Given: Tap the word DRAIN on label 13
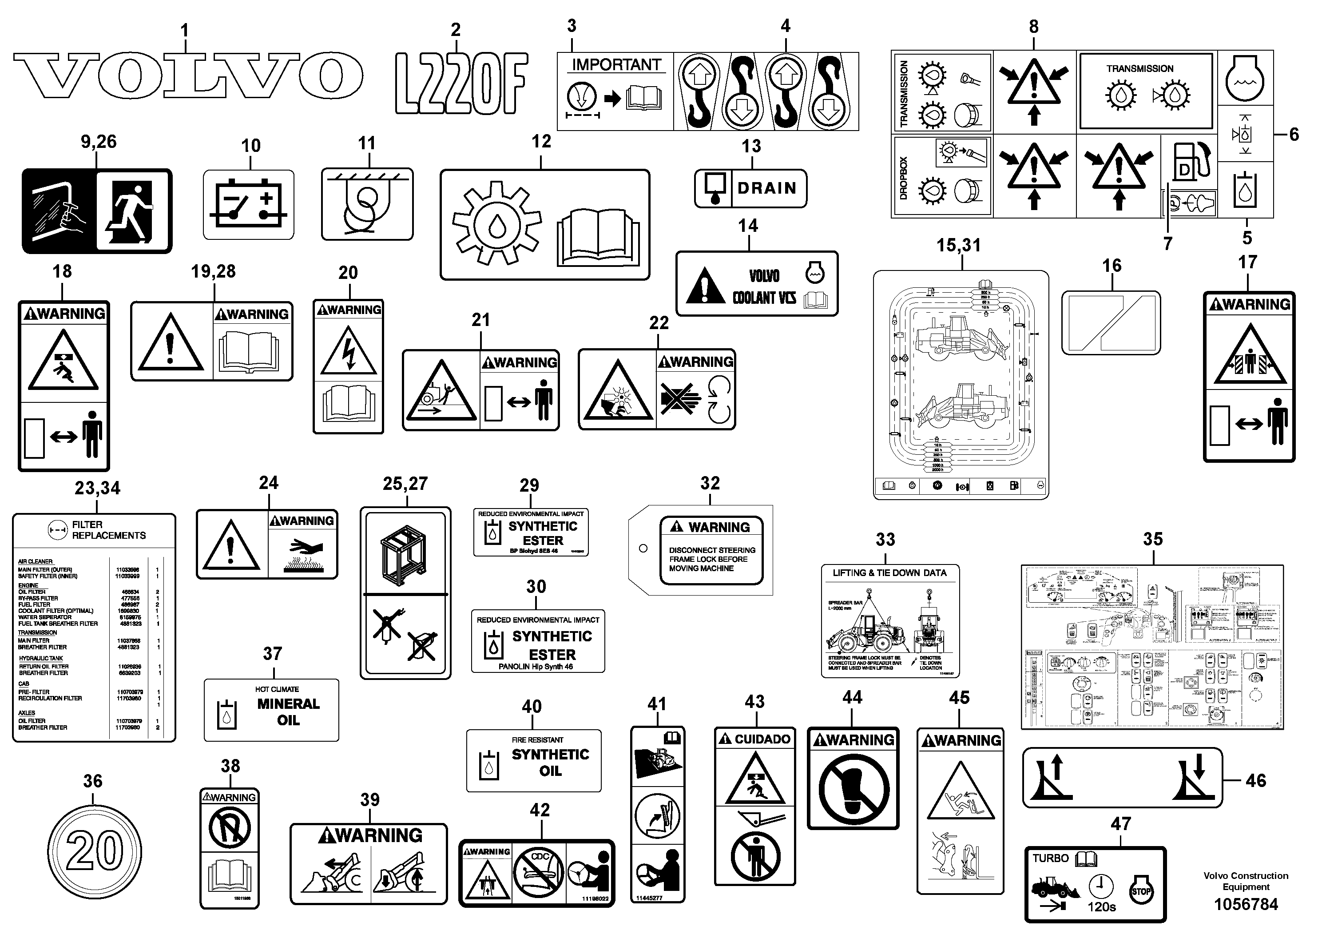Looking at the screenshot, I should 767,188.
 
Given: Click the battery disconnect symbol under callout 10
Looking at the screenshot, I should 248,206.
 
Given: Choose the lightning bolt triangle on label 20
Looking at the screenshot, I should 348,351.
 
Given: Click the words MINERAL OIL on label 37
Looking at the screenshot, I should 288,712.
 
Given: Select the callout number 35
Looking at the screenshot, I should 1153,539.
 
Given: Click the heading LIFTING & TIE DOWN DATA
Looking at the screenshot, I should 889,573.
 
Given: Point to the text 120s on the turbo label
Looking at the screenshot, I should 1101,907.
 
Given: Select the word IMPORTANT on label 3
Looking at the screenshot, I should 616,64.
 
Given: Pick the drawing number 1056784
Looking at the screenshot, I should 1246,905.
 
